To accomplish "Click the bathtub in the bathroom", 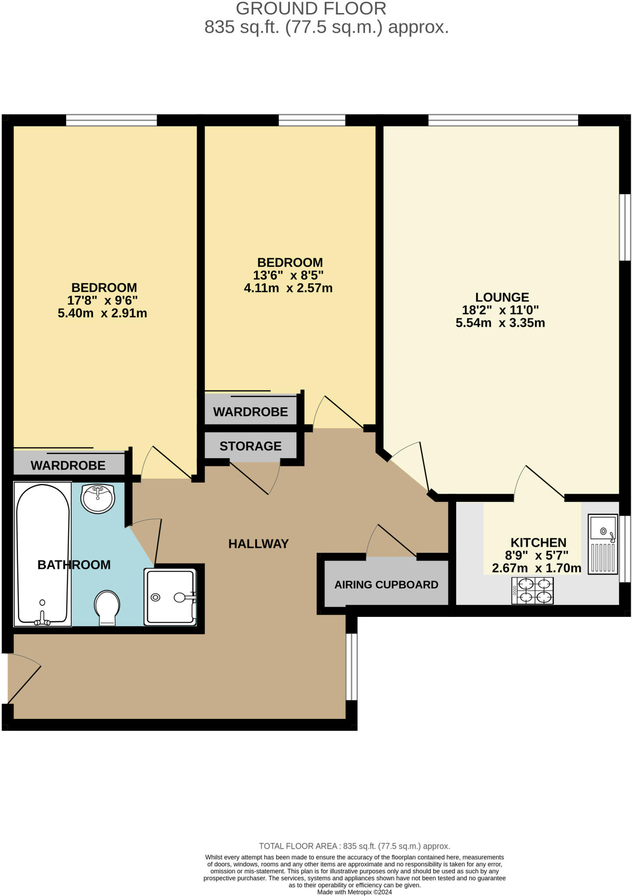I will pos(42,553).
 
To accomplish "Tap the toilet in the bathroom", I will pos(107,607).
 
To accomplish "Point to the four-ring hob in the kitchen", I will pos(532,590).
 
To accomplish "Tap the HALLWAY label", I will pos(258,544).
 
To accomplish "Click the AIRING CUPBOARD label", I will pos(386,584).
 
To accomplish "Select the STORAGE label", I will pos(250,446).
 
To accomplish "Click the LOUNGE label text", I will pos(502,297).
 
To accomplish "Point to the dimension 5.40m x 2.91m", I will pos(102,313).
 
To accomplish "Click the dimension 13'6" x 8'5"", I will pos(288,275).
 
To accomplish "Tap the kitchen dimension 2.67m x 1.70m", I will pos(537,568).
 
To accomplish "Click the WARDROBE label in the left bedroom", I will pos(68,465).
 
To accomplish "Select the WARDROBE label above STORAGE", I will pos(250,412).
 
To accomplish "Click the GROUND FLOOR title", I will pos(311,9).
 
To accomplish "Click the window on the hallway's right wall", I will pos(351,667).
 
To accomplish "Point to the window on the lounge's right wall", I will pos(625,227).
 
